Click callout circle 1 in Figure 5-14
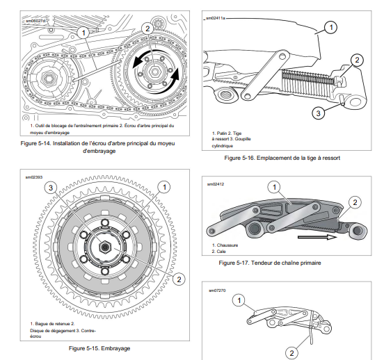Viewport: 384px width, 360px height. pyautogui.click(x=83, y=33)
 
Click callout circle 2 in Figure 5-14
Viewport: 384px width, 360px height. pyautogui.click(x=147, y=28)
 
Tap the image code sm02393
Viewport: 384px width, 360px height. pyautogui.click(x=34, y=177)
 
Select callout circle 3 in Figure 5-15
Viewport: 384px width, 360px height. pyautogui.click(x=51, y=188)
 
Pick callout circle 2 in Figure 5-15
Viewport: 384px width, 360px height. pyautogui.click(x=179, y=279)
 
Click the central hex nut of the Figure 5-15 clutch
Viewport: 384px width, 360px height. pyautogui.click(x=105, y=247)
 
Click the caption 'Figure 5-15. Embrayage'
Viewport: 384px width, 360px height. pyautogui.click(x=99, y=348)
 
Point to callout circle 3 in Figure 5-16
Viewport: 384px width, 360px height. pyautogui.click(x=318, y=113)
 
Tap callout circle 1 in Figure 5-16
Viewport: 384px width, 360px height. pyautogui.click(x=331, y=27)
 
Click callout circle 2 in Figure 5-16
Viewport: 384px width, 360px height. pyautogui.click(x=357, y=60)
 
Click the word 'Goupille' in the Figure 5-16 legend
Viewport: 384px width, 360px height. pyautogui.click(x=243, y=139)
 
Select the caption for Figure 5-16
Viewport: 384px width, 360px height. pyautogui.click(x=282, y=158)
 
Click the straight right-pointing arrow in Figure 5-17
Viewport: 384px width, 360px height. pyautogui.click(x=317, y=237)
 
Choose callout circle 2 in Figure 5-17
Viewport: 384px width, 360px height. pyautogui.click(x=355, y=202)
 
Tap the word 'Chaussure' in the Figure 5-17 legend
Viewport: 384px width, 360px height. pyautogui.click(x=227, y=245)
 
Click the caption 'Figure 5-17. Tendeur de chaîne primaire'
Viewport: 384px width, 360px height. pyautogui.click(x=270, y=263)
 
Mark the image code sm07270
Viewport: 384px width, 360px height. pyautogui.click(x=217, y=291)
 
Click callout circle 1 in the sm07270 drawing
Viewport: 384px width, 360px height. pyautogui.click(x=239, y=300)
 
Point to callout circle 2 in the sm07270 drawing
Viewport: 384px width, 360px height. pyautogui.click(x=291, y=353)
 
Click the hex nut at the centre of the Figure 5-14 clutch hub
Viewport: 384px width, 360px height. pyautogui.click(x=154, y=72)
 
